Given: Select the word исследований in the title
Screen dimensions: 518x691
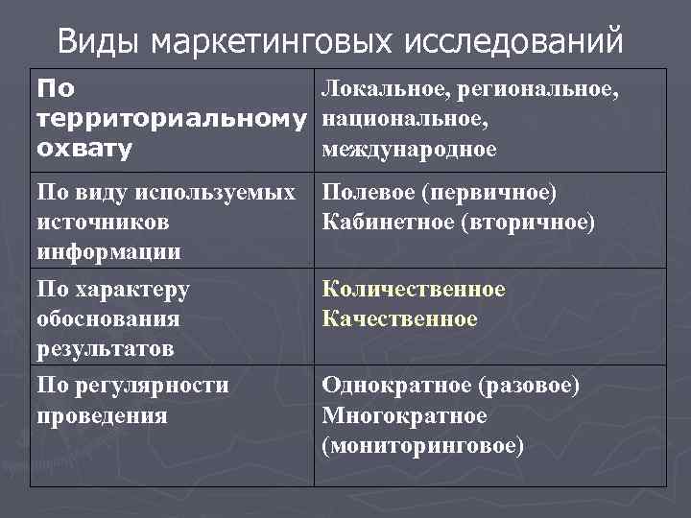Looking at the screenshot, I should (512, 42).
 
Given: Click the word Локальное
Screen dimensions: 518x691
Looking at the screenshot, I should (388, 90).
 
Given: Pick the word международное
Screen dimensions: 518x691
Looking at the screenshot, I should (409, 150).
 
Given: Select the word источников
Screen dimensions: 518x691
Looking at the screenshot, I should (102, 223).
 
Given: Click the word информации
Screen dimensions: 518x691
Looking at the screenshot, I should (107, 252).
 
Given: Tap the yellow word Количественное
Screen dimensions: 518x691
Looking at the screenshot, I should (414, 289).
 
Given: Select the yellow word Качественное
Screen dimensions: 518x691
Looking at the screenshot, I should (399, 318).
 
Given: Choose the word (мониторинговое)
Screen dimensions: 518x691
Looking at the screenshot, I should (423, 446).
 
